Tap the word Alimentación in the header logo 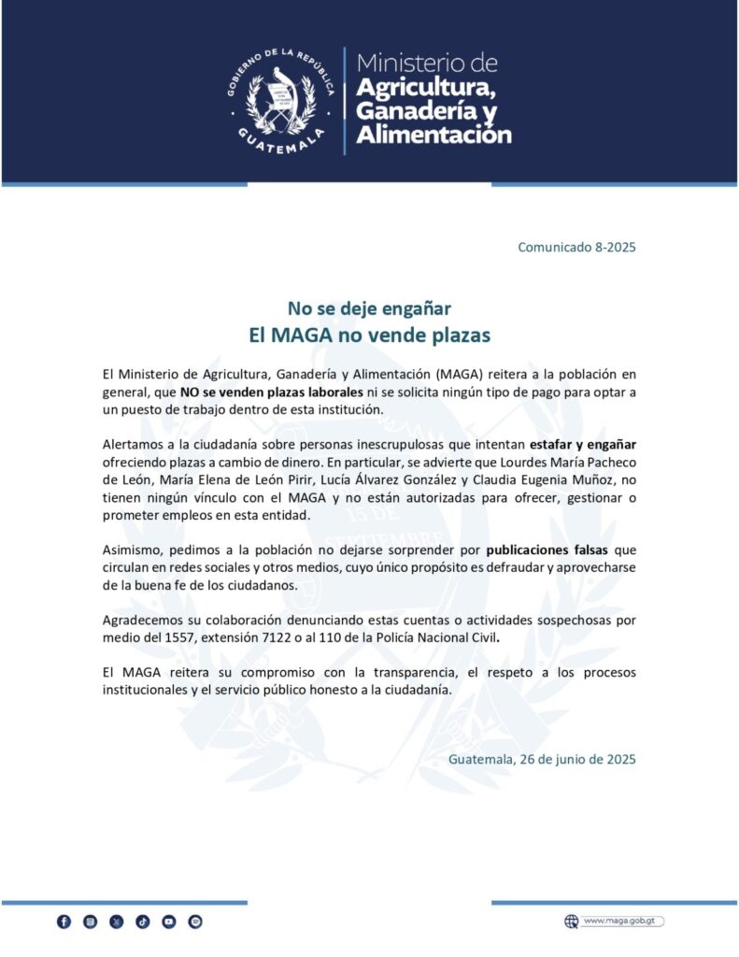pyautogui.click(x=434, y=135)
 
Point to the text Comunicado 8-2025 pyautogui.click(x=577, y=248)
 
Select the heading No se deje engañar pyautogui.click(x=369, y=307)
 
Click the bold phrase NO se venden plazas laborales pyautogui.click(x=271, y=393)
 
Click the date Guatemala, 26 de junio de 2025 pyautogui.click(x=542, y=759)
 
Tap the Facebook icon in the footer pyautogui.click(x=64, y=921)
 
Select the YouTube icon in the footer pyautogui.click(x=168, y=921)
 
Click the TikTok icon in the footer pyautogui.click(x=142, y=921)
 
